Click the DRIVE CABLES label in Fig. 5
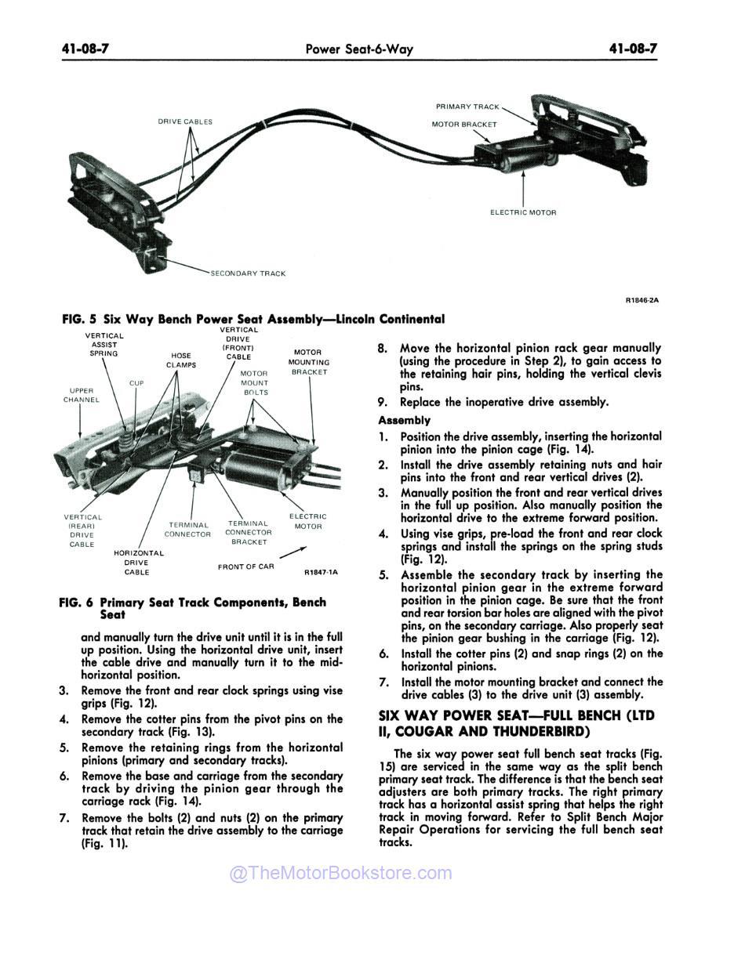[x=185, y=121]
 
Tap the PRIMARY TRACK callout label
[x=467, y=107]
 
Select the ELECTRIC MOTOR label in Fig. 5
[x=523, y=212]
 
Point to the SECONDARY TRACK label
[x=248, y=273]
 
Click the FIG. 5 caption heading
[x=253, y=319]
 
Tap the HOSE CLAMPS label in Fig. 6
[x=180, y=360]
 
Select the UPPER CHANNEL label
[x=82, y=395]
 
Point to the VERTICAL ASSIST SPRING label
[x=104, y=344]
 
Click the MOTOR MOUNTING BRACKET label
[x=308, y=362]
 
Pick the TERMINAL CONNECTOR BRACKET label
[x=249, y=533]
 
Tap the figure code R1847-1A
[x=320, y=573]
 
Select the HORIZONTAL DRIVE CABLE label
[x=138, y=563]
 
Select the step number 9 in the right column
[x=383, y=402]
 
